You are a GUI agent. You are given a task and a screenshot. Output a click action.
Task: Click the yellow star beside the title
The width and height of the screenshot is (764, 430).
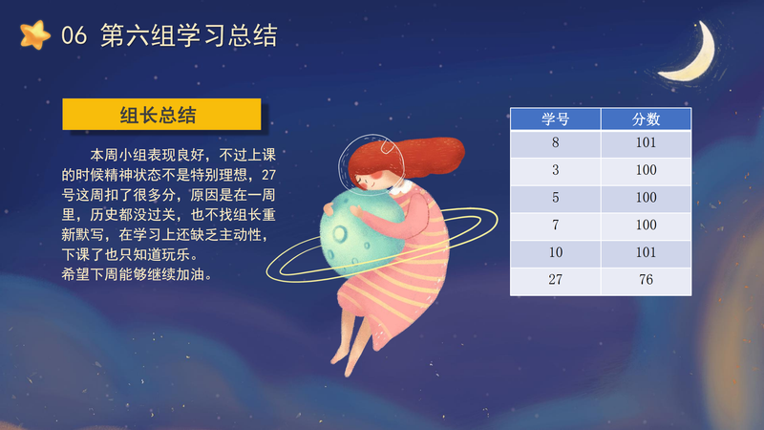click(35, 35)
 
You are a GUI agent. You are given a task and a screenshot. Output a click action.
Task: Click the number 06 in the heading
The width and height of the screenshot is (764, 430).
click(74, 35)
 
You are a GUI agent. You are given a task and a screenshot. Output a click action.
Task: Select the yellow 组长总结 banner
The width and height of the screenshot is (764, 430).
click(161, 115)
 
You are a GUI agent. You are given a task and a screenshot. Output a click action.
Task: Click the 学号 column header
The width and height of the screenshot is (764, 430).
click(556, 118)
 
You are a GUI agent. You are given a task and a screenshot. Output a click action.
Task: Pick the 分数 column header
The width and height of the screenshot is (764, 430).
click(647, 118)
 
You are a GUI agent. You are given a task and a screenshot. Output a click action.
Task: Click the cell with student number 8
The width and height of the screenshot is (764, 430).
click(556, 142)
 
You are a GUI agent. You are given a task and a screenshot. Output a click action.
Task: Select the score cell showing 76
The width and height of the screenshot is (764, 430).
click(647, 280)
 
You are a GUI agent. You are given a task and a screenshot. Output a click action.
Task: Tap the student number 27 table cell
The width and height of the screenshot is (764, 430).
click(556, 280)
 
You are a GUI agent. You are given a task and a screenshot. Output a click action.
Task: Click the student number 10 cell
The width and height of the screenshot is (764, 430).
click(556, 252)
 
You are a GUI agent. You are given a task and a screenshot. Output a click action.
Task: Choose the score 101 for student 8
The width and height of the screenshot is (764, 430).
click(647, 142)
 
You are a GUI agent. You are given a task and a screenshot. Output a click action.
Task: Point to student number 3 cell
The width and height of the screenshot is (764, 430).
click(556, 170)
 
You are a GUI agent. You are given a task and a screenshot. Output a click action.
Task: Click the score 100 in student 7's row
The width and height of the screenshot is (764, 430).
click(647, 225)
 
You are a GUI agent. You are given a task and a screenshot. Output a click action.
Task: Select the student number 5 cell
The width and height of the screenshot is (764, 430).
click(556, 198)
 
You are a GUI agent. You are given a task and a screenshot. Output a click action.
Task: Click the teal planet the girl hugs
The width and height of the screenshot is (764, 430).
click(358, 234)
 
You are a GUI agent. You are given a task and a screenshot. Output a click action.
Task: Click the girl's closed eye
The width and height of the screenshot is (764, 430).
click(361, 181)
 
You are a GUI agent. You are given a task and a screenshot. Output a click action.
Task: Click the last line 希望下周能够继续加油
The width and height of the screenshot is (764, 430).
click(138, 274)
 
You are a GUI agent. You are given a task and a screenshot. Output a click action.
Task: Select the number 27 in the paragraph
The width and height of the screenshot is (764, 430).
click(268, 175)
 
